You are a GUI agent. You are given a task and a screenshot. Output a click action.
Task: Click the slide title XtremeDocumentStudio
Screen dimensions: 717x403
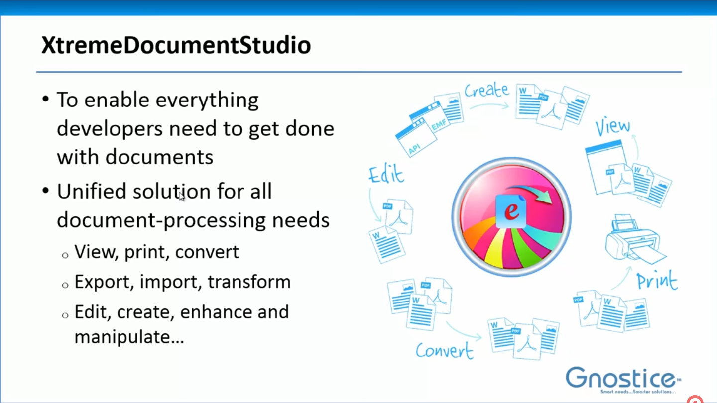tap(176, 45)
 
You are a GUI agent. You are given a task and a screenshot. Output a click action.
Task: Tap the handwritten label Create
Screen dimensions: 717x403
tap(486, 90)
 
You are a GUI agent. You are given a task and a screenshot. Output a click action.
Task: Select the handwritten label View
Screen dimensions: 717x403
tap(612, 126)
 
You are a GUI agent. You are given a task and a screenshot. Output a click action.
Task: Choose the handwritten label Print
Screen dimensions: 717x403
tap(657, 281)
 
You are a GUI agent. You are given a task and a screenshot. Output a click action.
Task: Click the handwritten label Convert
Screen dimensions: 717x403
tap(444, 351)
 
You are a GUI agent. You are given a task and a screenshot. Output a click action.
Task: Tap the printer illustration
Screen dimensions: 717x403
tap(635, 239)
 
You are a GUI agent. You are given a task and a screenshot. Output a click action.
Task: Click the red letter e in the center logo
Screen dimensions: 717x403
tap(511, 211)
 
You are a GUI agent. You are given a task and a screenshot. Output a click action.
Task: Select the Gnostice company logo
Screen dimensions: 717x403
tap(623, 380)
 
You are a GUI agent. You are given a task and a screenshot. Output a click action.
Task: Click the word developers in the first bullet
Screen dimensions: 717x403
tap(110, 129)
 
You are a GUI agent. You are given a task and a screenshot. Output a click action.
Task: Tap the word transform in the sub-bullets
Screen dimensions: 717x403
tap(249, 282)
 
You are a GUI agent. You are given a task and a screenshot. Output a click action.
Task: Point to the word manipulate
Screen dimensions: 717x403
tap(129, 337)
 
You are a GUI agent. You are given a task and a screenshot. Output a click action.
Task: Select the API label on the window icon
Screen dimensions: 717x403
tap(414, 148)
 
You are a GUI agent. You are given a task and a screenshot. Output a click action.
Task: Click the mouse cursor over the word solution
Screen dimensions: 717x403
tap(181, 197)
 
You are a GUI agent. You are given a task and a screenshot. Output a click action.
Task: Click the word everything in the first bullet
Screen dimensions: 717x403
tap(207, 101)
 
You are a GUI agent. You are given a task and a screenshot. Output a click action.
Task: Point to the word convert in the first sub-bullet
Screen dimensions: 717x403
tap(207, 252)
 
